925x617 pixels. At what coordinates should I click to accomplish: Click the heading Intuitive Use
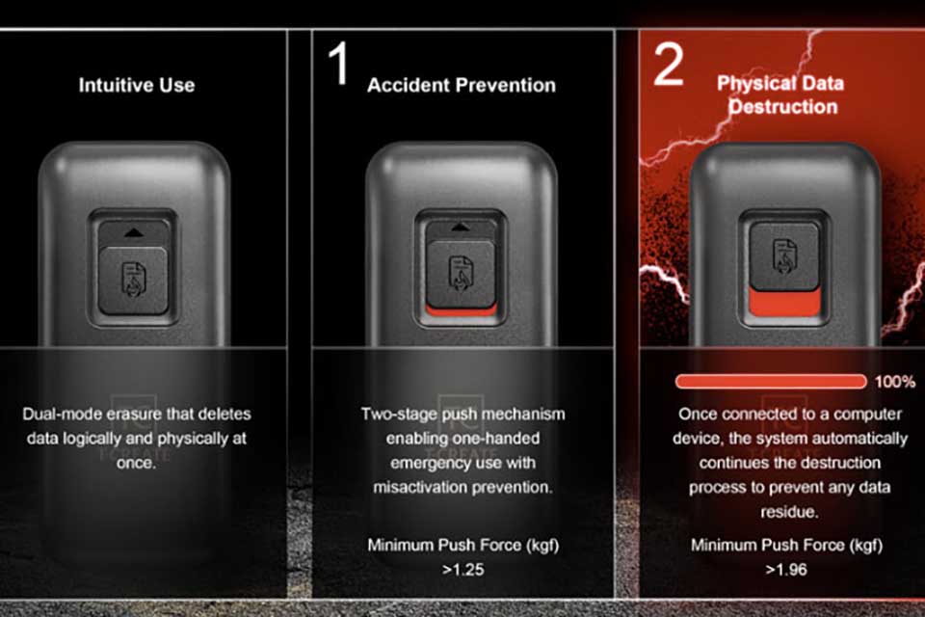pos(137,85)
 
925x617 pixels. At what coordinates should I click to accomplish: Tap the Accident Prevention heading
pos(462,85)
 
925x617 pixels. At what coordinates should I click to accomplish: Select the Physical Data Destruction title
pos(780,94)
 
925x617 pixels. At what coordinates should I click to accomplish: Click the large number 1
pos(338,64)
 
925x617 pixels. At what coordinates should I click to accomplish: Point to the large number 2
pos(669,64)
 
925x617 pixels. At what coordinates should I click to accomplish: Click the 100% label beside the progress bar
pos(895,382)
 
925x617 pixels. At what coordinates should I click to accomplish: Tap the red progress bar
pos(771,382)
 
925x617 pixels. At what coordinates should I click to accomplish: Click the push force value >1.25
pos(463,570)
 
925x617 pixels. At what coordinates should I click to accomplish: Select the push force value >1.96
pos(786,570)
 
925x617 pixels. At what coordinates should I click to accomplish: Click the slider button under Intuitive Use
pos(133,280)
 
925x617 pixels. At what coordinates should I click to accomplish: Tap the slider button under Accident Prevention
pos(461,274)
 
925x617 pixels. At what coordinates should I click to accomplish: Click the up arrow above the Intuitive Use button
pos(134,233)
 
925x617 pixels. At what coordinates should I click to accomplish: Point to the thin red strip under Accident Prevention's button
pos(461,311)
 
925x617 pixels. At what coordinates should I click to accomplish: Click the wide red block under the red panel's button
pos(784,303)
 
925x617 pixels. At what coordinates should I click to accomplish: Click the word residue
pos(789,512)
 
